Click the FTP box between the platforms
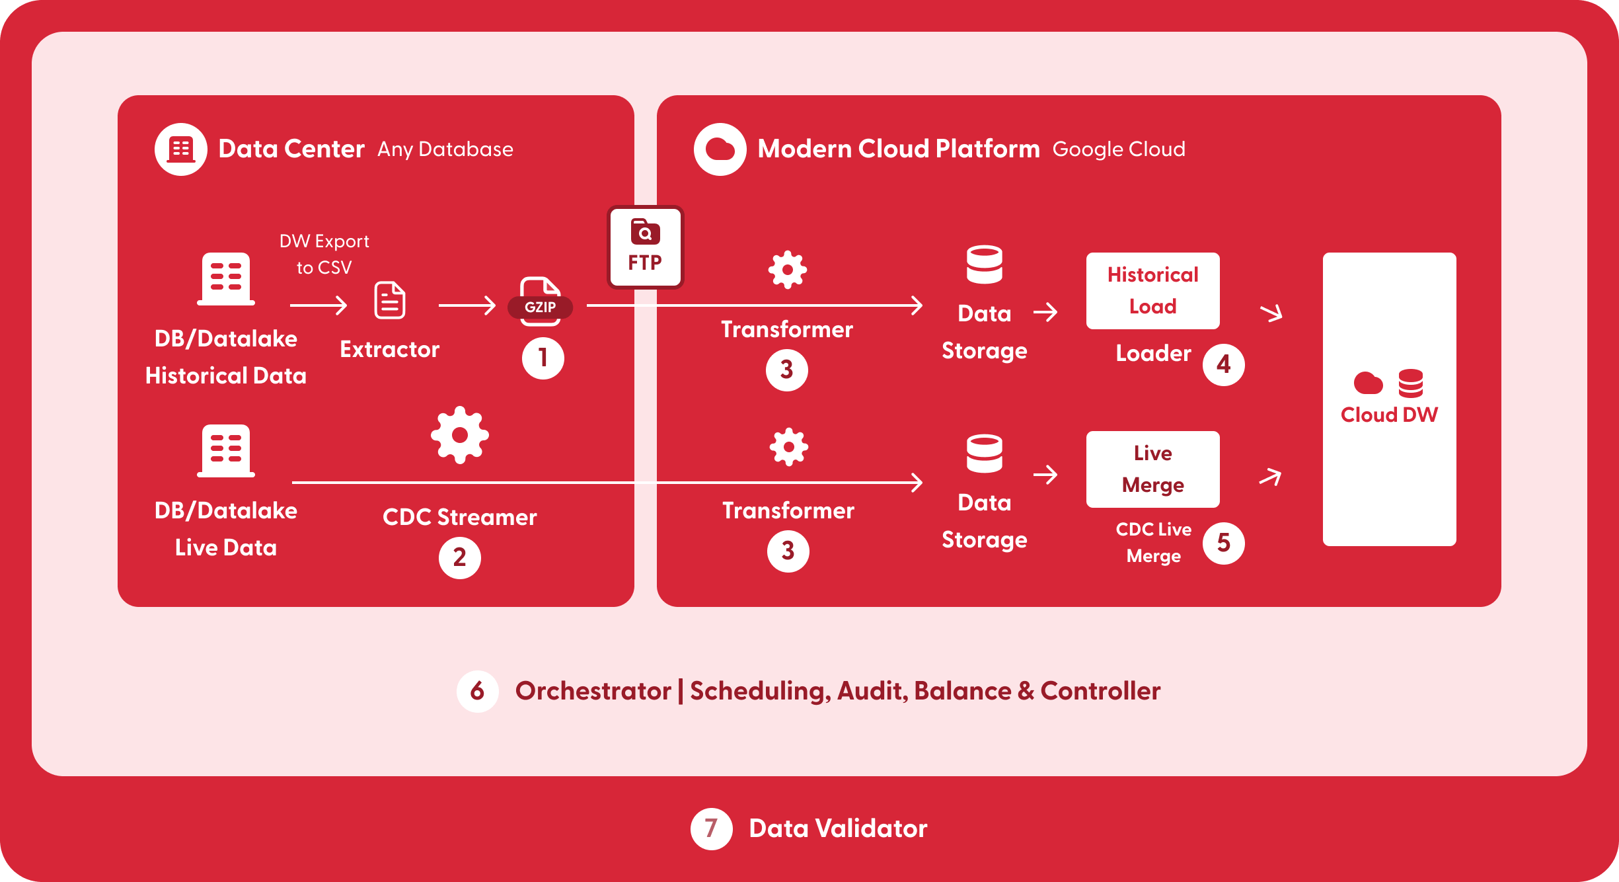(645, 247)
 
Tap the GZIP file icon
(541, 301)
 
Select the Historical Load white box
(1153, 291)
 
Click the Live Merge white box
(1153, 469)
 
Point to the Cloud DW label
(1389, 415)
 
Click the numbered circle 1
(543, 358)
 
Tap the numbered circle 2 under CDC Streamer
(460, 557)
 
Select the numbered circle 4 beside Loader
(1224, 364)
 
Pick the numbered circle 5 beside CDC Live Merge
(1224, 543)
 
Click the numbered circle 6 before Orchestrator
(477, 692)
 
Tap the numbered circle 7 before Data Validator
(711, 828)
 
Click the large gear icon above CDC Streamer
(460, 435)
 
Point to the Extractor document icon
(390, 300)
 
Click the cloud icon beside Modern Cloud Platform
(720, 149)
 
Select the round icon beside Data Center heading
(181, 149)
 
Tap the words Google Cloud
(1119, 149)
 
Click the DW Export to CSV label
(324, 255)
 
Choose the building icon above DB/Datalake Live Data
(226, 451)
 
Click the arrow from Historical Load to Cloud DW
(1271, 312)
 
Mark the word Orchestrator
(593, 691)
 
